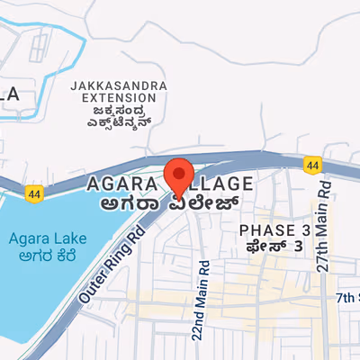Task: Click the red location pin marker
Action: [178, 175]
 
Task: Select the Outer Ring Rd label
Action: [112, 266]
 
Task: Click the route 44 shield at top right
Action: [311, 166]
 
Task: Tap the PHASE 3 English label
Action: [274, 231]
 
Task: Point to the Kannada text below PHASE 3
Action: [275, 247]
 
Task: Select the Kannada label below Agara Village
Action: [170, 202]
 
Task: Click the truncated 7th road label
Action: [346, 297]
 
